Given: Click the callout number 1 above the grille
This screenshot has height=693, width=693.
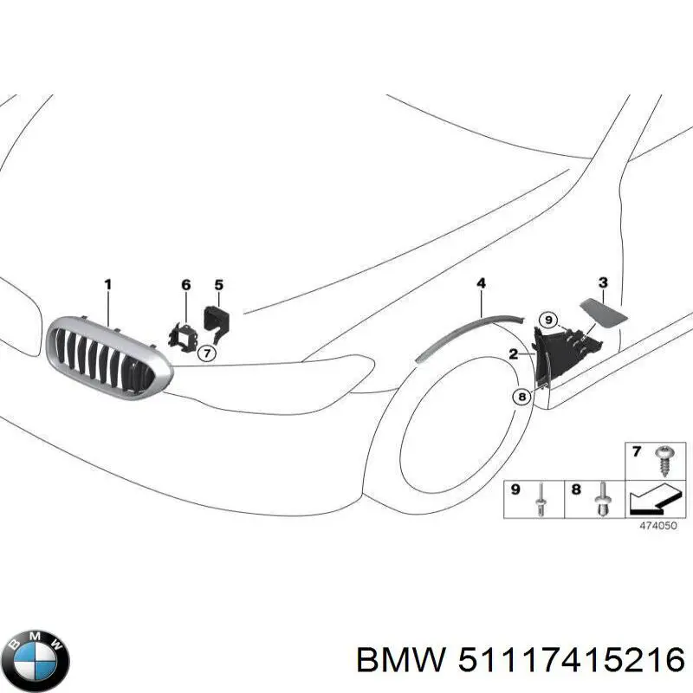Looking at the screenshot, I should coord(108,284).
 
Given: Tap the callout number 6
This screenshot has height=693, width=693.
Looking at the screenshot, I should coord(185,285).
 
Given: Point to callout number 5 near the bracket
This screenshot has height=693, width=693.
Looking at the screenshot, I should coord(218,284).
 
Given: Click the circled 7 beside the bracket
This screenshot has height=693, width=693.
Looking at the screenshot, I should coord(205,353).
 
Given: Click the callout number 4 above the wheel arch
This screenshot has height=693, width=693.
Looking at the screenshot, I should coord(481,283).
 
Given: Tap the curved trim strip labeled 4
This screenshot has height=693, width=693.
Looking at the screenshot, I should coord(468,333).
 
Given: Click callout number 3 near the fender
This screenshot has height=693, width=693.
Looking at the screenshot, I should coord(603,282).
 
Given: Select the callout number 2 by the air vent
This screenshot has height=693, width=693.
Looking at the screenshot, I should coord(513,353).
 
